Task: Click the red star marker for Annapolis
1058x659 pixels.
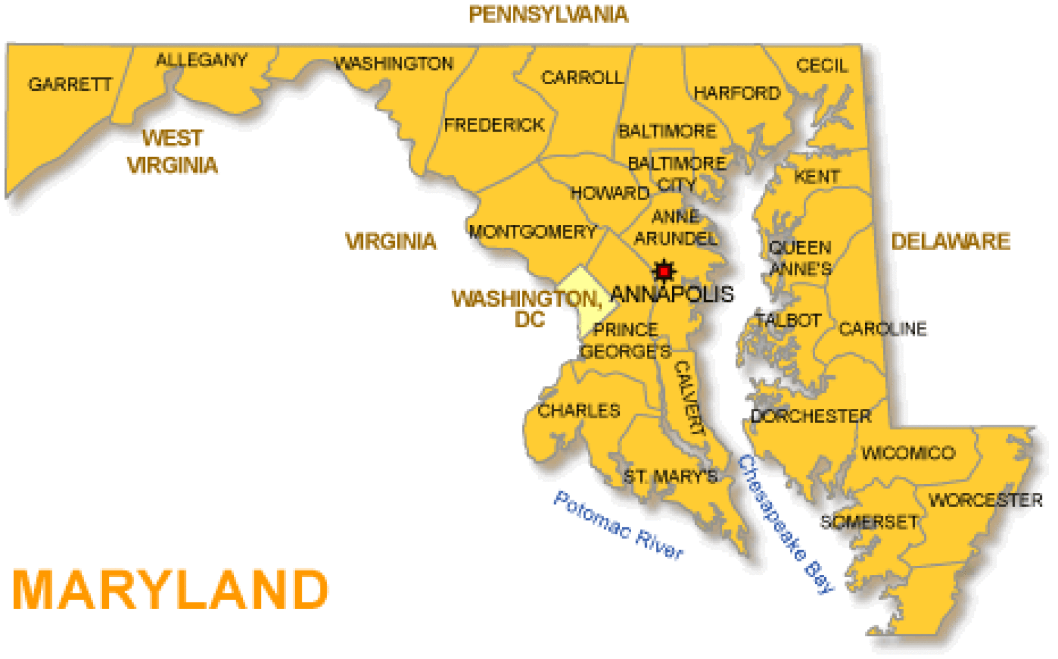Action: pos(664,272)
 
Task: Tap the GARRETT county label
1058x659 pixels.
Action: pos(70,84)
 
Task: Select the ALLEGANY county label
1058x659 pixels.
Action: pos(201,60)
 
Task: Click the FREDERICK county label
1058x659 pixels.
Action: pos(494,125)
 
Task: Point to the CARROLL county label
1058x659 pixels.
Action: pos(582,78)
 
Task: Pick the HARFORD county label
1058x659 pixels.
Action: pos(737,93)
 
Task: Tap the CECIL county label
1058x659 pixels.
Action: pos(822,66)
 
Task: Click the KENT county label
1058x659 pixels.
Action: pos(816,177)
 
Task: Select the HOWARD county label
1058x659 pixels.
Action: pos(610,194)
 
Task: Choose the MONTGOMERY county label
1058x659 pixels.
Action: pos(533,232)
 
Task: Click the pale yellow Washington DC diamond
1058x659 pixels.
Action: pos(586,299)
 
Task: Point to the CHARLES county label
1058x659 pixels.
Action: pos(578,411)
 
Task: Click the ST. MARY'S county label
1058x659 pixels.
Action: pos(670,477)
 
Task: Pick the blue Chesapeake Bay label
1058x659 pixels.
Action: pos(786,524)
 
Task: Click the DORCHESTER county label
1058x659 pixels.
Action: pos(810,416)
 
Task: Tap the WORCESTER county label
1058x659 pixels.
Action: pos(985,500)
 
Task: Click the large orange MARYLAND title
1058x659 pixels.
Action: pos(170,590)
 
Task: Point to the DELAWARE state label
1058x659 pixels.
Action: pos(950,242)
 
